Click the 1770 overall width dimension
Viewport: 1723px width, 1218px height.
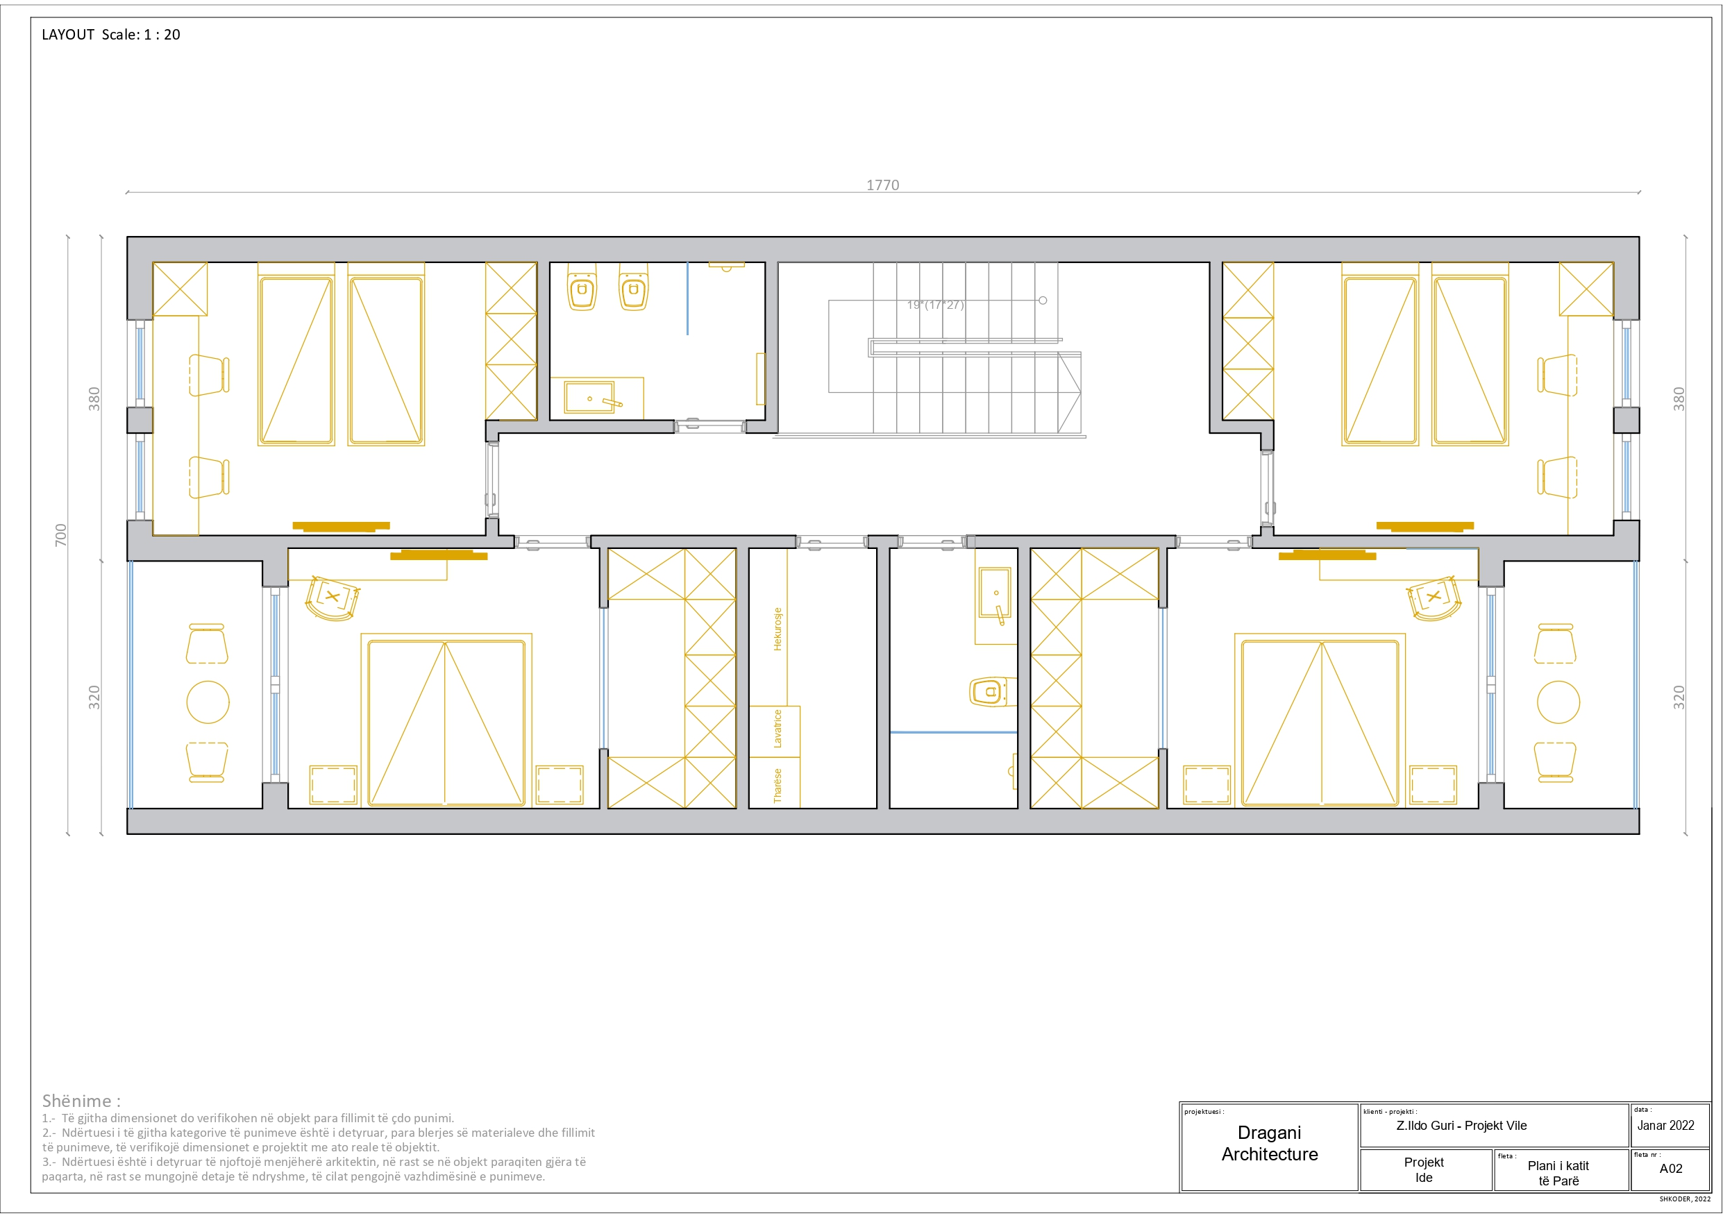[x=882, y=185]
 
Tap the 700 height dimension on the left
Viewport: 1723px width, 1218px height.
[x=61, y=534]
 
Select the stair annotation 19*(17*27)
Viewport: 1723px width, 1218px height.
[x=935, y=305]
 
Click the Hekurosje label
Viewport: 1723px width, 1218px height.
[x=778, y=629]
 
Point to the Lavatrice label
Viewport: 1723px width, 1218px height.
[x=778, y=728]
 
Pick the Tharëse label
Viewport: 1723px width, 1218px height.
[x=778, y=786]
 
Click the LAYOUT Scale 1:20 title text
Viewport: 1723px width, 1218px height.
[x=111, y=35]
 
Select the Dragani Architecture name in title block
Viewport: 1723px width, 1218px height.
[x=1270, y=1143]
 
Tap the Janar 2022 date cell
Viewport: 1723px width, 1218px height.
[x=1665, y=1125]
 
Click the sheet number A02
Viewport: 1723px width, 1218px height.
[x=1670, y=1169]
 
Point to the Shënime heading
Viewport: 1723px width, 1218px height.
[x=81, y=1101]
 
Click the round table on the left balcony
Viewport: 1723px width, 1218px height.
[x=208, y=702]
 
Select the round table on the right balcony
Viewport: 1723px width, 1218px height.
[x=1558, y=702]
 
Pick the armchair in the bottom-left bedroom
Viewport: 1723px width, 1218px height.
[x=333, y=598]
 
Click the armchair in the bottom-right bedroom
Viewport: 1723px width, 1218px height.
[x=1434, y=598]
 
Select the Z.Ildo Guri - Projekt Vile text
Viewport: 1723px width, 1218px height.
[x=1461, y=1126]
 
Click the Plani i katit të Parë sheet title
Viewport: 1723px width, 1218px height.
[x=1558, y=1173]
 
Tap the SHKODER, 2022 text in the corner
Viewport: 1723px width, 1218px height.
[x=1685, y=1199]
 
